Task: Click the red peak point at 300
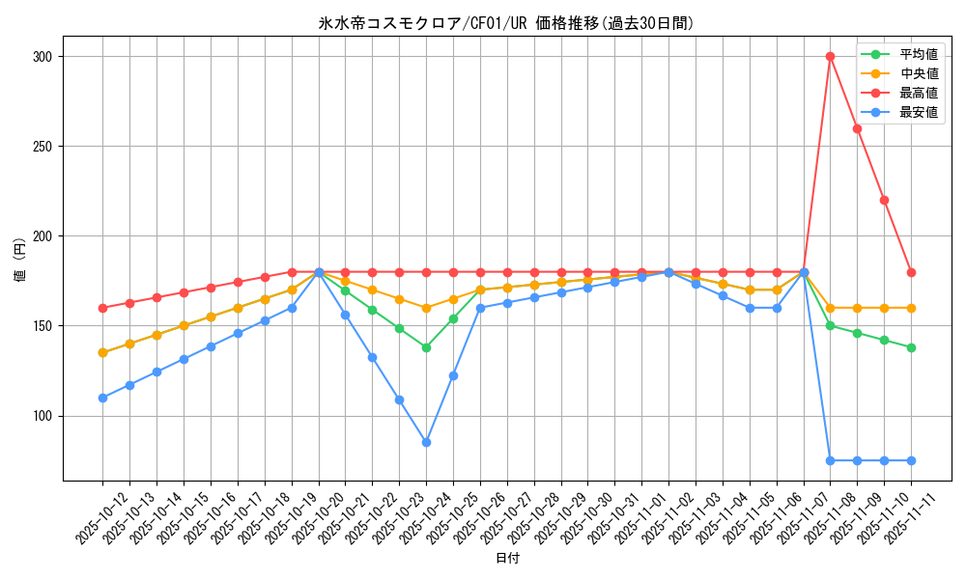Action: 830,57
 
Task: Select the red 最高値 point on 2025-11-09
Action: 857,128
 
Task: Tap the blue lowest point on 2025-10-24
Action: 426,443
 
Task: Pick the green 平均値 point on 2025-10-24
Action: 426,347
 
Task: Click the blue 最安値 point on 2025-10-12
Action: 102,398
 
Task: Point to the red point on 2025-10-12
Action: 102,308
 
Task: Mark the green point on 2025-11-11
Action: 911,347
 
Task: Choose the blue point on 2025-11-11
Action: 911,460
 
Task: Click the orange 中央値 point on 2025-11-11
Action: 911,308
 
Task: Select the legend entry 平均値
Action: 919,54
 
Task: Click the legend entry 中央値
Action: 919,73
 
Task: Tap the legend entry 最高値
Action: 919,93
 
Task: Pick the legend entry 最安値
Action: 919,112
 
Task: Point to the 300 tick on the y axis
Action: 43,57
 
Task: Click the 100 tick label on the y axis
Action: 43,416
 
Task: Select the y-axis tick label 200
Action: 43,236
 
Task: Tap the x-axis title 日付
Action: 507,559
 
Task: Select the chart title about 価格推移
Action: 507,23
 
